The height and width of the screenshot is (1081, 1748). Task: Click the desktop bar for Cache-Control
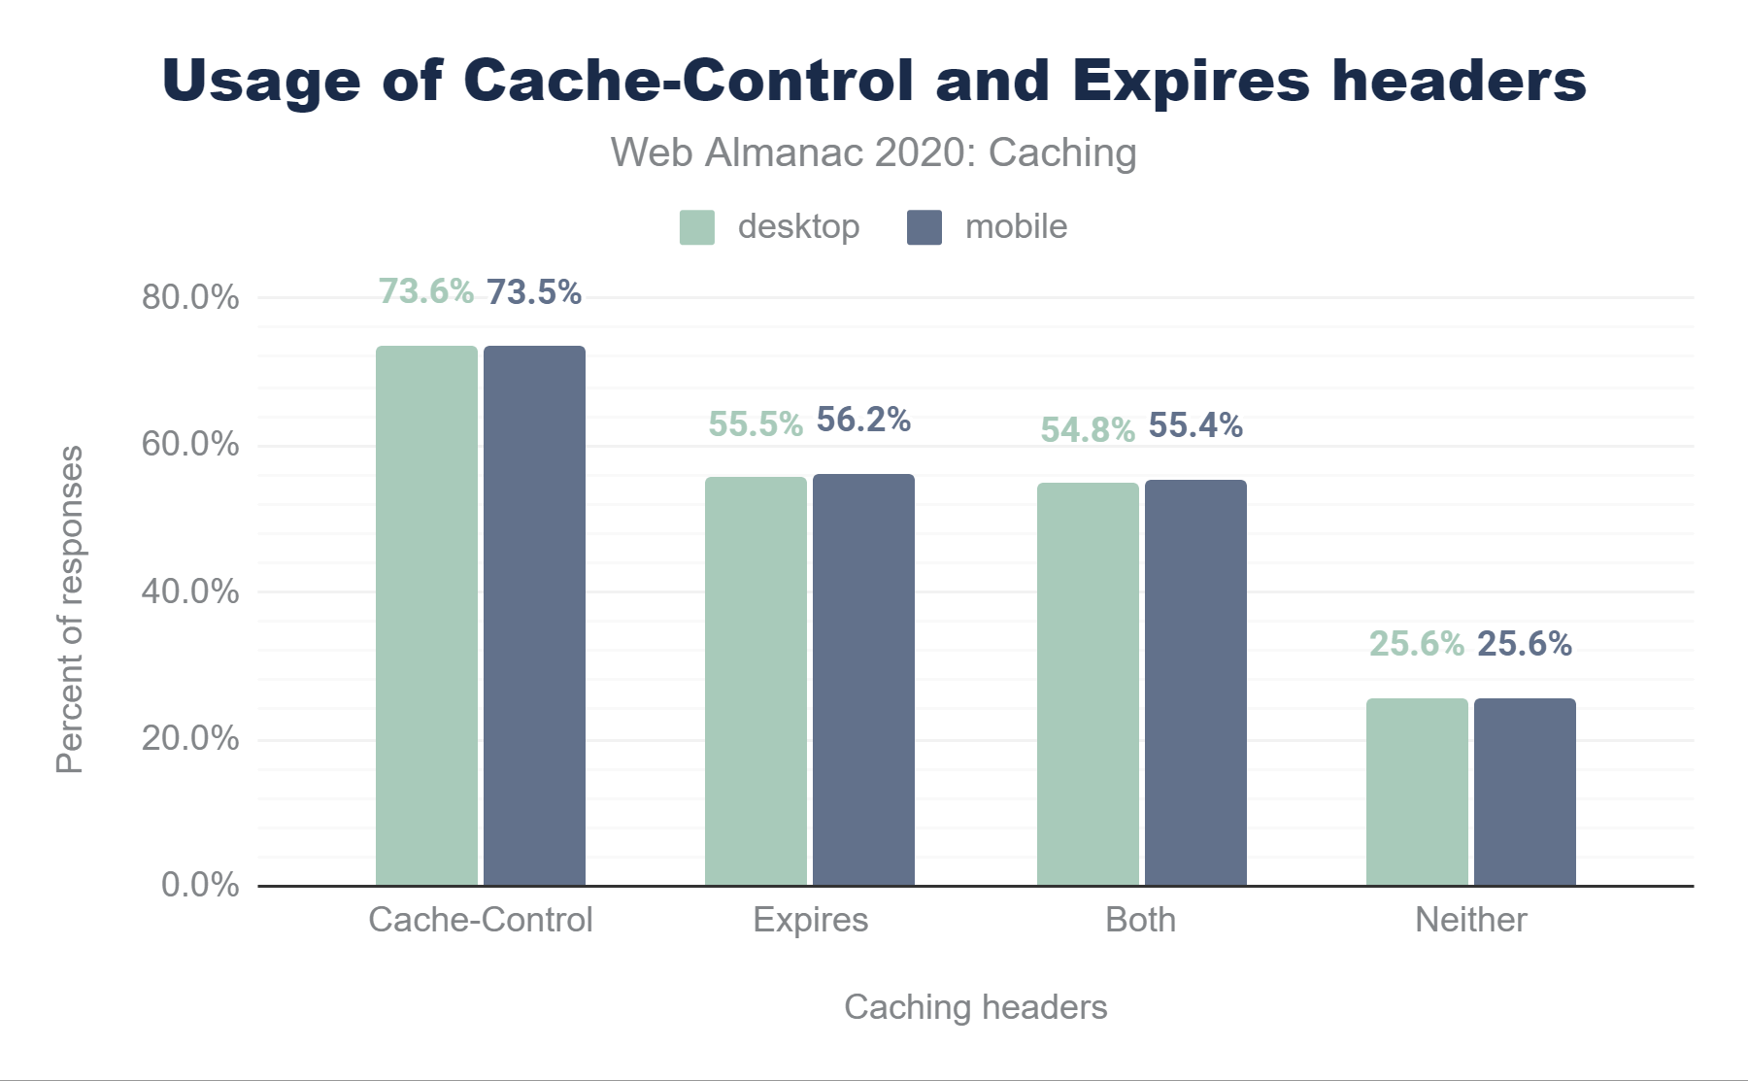click(426, 616)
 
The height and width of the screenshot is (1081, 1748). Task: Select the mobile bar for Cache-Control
click(534, 616)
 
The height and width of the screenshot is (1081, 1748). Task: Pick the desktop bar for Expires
click(756, 681)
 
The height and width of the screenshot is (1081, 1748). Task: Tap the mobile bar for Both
click(1195, 683)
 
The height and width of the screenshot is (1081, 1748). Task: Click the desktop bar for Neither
click(1417, 792)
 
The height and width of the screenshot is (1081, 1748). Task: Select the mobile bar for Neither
click(1525, 792)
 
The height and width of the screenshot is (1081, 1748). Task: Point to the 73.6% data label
click(426, 291)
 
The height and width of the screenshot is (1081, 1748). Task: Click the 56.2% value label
click(863, 420)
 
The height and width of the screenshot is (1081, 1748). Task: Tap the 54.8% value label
click(1088, 429)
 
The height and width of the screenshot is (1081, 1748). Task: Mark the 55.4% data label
click(1195, 425)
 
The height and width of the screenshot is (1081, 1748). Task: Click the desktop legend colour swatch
click(697, 227)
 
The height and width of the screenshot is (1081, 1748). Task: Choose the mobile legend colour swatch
click(924, 227)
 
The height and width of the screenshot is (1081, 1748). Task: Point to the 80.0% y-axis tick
click(190, 297)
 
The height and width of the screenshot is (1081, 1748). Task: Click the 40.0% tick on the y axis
click(190, 591)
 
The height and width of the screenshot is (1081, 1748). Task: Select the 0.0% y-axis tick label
click(200, 885)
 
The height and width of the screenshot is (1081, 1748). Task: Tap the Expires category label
click(811, 920)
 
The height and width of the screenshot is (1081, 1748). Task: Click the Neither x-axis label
click(1470, 920)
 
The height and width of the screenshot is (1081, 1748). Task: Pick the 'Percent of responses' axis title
click(70, 609)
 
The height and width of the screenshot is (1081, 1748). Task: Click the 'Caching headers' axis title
click(975, 1007)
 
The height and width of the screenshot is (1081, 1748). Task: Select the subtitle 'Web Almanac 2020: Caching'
click(873, 152)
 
